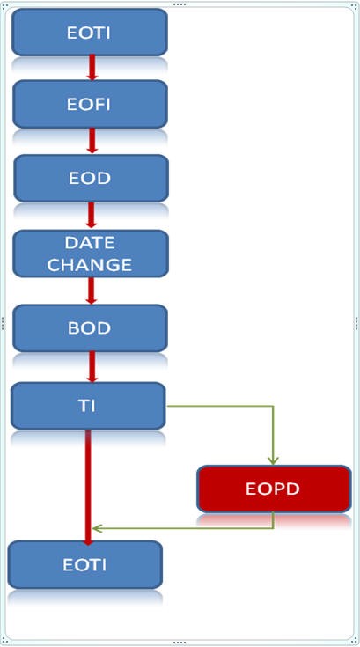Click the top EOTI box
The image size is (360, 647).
pos(90,33)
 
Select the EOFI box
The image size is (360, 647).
pos(90,104)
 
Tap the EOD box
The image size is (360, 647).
pos(90,178)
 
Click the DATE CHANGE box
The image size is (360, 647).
pos(90,254)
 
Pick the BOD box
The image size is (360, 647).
pos(90,327)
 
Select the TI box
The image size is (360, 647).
pos(88,404)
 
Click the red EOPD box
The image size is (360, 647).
pos(273,489)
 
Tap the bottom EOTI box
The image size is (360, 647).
pos(84,564)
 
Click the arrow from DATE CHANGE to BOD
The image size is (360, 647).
pos(92,290)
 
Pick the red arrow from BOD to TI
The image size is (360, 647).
pos(92,365)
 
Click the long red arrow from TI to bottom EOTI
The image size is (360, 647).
pos(89,484)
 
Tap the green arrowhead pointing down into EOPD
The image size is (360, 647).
pos(273,459)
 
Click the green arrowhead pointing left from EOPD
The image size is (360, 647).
pos(98,528)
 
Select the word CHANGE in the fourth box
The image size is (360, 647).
pos(90,264)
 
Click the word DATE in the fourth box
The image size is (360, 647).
pos(90,242)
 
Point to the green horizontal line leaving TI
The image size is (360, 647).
pos(220,407)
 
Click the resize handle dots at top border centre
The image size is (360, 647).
pos(180,4)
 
